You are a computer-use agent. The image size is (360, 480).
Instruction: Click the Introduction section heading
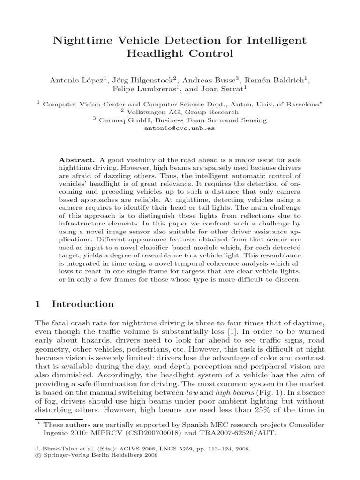82,304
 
